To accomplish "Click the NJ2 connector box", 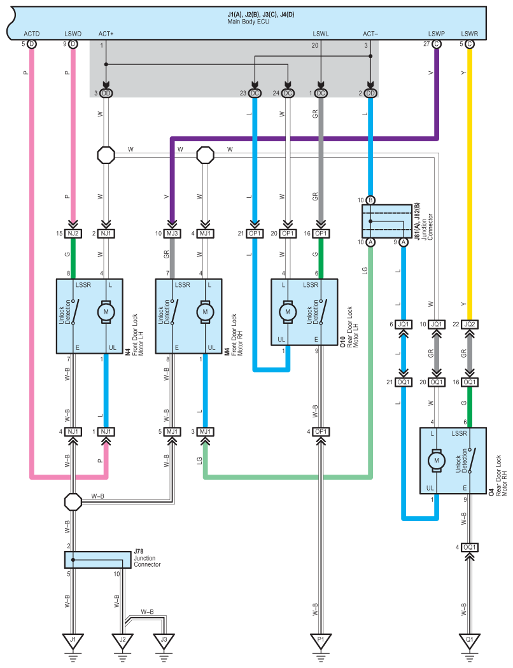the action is tap(73, 233).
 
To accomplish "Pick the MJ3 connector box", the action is tap(172, 233).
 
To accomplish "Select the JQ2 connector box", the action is tap(469, 324).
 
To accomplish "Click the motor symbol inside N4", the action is tap(106, 312).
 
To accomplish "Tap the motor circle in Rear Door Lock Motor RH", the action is tap(437, 461).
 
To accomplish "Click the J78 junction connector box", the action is tap(98, 559).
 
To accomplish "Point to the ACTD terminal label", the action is tap(32, 34).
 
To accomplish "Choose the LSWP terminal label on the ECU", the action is tap(437, 34).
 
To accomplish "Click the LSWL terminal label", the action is tap(320, 34).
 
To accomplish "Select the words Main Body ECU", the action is tap(248, 21).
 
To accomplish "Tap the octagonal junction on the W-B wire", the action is tap(73, 502).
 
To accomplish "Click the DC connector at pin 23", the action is tap(255, 93).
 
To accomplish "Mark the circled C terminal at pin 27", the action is tap(437, 44).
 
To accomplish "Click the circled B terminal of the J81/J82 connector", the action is tap(370, 200).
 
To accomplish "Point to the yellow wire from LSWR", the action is tap(469, 184).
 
